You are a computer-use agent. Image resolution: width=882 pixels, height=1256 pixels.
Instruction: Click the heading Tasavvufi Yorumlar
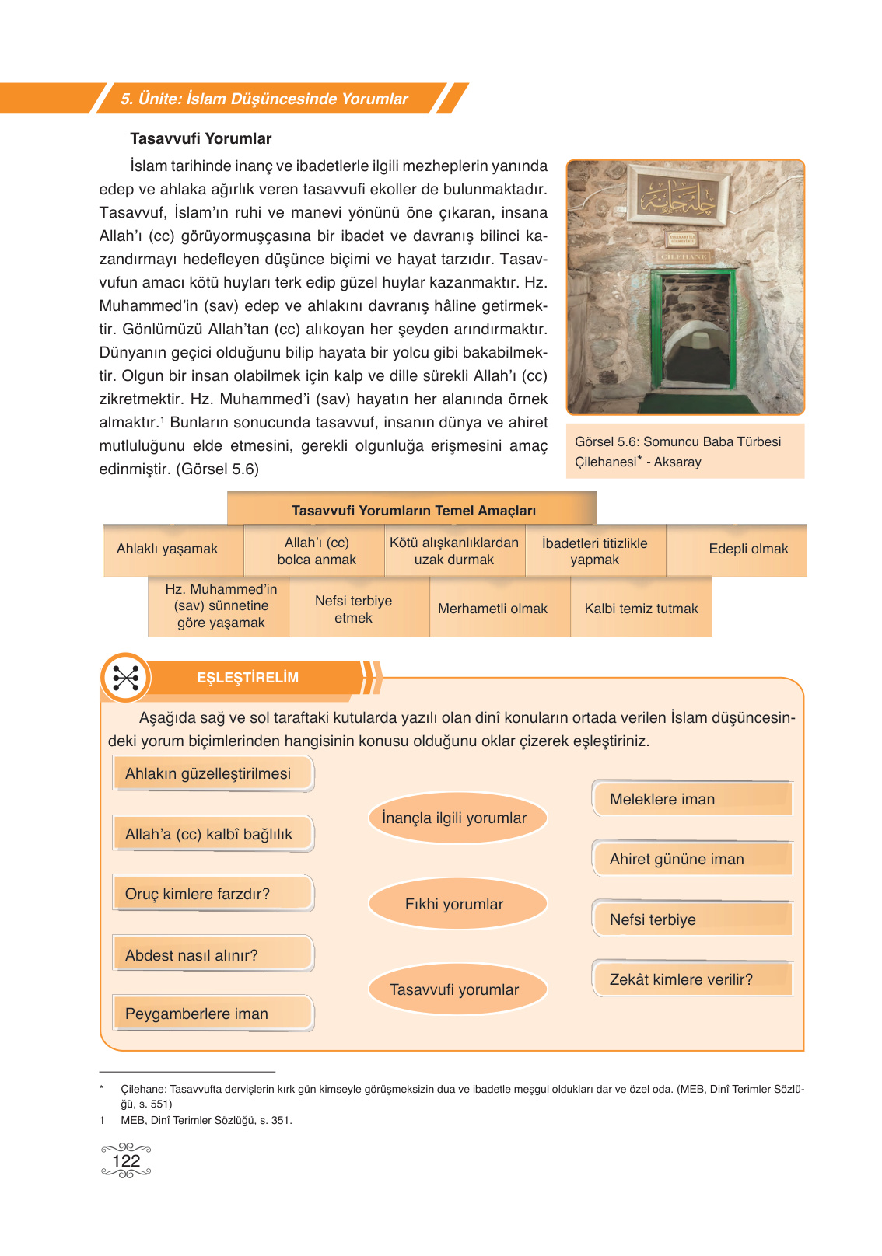(201, 138)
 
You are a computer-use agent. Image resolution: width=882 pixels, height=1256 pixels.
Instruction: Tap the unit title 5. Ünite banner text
(264, 99)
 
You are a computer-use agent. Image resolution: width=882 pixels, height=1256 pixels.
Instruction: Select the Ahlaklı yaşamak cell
(167, 549)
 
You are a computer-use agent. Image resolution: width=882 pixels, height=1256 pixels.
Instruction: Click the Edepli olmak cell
(748, 549)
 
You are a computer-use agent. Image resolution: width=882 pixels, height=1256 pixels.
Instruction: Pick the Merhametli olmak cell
(492, 609)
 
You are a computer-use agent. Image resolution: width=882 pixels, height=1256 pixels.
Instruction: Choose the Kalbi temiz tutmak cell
(641, 609)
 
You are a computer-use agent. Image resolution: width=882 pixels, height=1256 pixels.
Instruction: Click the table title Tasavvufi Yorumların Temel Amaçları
(413, 511)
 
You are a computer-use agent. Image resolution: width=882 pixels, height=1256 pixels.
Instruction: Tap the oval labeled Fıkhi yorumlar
(454, 904)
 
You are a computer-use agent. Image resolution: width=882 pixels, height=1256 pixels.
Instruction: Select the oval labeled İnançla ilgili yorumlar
(454, 818)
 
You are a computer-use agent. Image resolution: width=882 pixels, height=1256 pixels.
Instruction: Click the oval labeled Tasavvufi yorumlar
(454, 989)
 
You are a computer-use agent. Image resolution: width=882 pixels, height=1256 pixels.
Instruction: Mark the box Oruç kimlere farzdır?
(212, 894)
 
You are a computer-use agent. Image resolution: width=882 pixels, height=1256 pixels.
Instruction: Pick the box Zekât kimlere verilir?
(692, 979)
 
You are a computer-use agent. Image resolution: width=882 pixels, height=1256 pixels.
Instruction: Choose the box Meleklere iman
(692, 799)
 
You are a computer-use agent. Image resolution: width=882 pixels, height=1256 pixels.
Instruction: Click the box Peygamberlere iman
(212, 1014)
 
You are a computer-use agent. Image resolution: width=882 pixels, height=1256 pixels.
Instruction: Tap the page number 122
(126, 1160)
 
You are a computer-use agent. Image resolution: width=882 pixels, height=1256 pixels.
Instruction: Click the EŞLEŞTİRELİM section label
(247, 678)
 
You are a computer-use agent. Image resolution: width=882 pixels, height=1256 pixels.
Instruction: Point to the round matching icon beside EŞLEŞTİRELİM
(125, 678)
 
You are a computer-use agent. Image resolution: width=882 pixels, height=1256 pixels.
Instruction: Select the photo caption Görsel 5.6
(677, 452)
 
